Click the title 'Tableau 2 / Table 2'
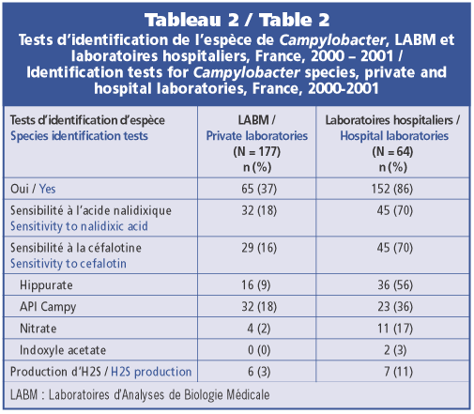coord(237,20)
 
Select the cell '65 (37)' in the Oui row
coord(259,189)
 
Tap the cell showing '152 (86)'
coord(392,189)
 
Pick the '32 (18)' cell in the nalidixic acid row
coord(259,210)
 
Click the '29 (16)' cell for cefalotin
coord(259,248)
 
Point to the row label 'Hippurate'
coord(46,285)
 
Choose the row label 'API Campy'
coord(48,307)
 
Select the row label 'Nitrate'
coord(38,329)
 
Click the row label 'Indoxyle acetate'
coord(63,350)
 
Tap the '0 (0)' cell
coord(259,350)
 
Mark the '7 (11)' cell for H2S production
coord(398,372)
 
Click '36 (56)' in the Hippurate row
coord(395,285)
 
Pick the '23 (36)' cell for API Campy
coord(395,307)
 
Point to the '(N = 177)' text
coord(257,152)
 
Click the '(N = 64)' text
coord(392,152)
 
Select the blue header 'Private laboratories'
coord(257,136)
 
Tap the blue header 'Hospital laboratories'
coord(394,136)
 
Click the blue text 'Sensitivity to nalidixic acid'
coord(79,226)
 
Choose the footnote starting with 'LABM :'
coord(140,394)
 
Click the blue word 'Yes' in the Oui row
coord(48,189)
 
